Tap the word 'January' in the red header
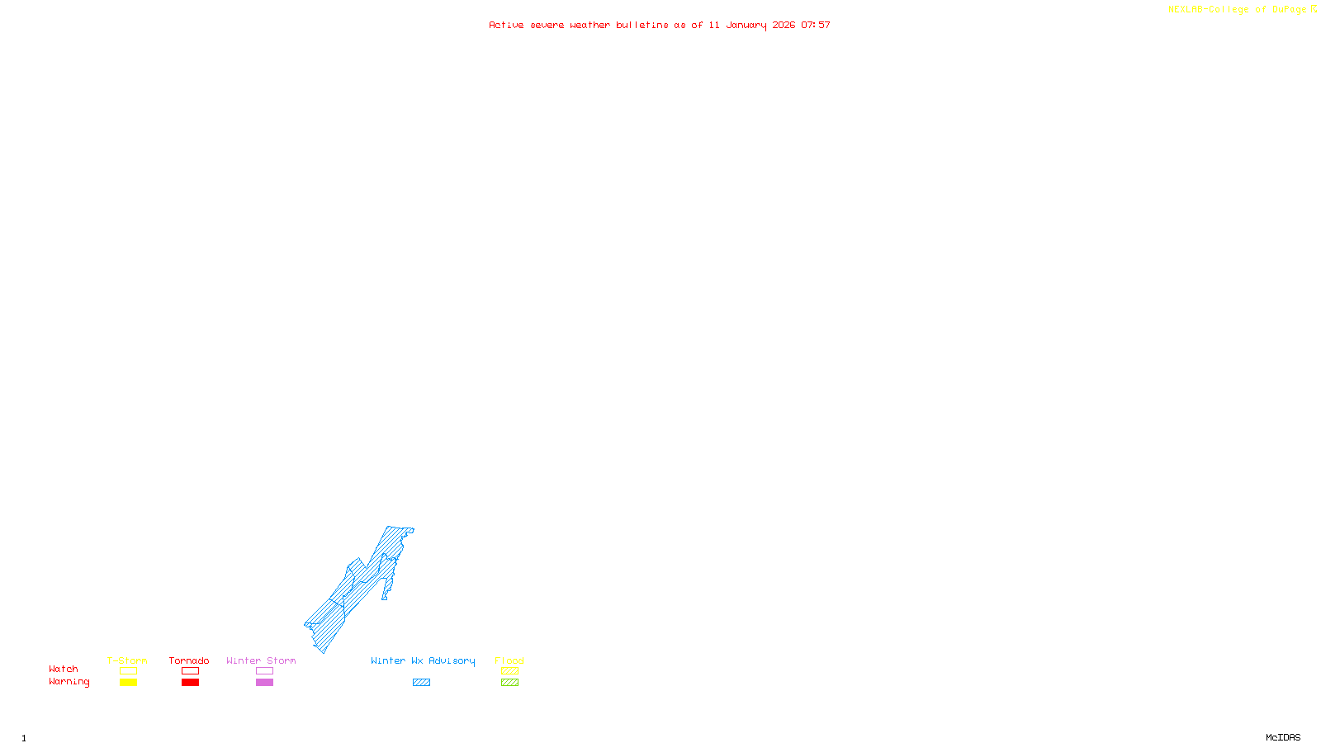click(x=746, y=26)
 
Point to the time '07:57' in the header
click(x=815, y=26)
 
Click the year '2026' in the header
click(x=784, y=26)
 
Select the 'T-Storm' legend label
click(x=127, y=660)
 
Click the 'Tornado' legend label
click(x=189, y=660)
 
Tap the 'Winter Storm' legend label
click(x=261, y=660)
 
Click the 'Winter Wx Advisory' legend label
click(x=423, y=660)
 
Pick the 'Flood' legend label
click(x=509, y=660)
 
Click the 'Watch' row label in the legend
click(x=64, y=670)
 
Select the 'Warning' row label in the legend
click(x=69, y=682)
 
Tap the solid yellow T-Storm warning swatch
click(x=128, y=683)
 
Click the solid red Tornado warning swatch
click(x=190, y=683)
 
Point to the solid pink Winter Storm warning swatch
click(x=264, y=683)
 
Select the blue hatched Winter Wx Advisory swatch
click(x=421, y=683)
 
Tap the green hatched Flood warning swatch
click(x=509, y=683)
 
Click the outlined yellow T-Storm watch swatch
click(x=128, y=671)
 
